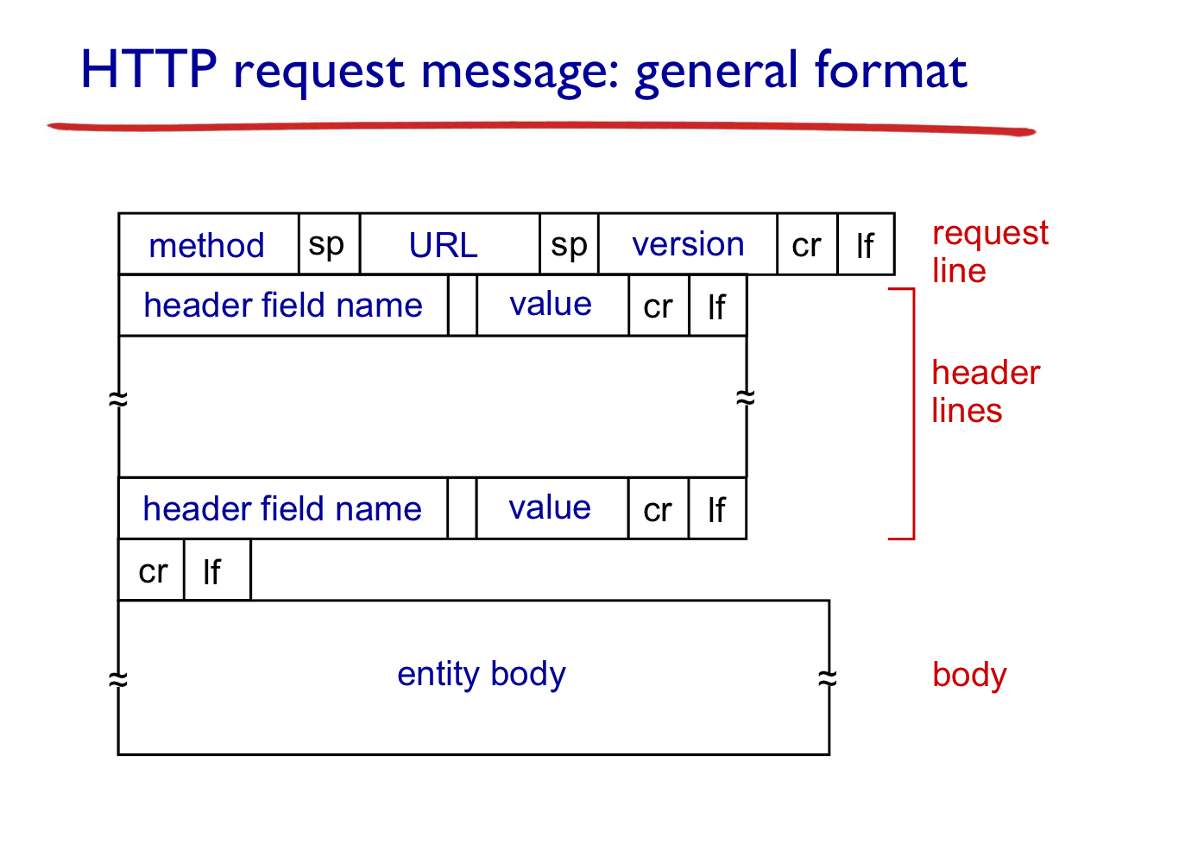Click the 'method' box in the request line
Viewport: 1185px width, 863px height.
point(209,244)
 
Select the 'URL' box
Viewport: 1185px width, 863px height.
point(450,244)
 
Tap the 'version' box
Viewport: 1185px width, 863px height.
point(688,244)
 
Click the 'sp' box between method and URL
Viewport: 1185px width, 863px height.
point(330,244)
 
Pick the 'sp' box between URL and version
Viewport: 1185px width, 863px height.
point(570,244)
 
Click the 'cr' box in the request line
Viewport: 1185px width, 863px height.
point(808,244)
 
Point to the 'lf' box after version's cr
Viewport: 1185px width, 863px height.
point(867,244)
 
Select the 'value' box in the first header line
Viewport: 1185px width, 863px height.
point(553,306)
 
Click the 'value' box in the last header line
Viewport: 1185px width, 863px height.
point(552,508)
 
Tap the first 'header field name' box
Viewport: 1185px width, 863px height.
point(284,306)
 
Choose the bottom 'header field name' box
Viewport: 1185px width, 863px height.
point(283,508)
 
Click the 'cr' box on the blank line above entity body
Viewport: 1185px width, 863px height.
point(151,570)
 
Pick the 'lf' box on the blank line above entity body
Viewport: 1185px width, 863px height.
point(217,570)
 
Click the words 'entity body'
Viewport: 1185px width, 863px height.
point(482,675)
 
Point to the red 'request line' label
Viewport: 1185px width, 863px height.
point(990,251)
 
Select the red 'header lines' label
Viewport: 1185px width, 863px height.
point(986,391)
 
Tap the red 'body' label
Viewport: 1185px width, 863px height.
point(970,675)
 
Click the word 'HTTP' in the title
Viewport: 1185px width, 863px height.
point(149,69)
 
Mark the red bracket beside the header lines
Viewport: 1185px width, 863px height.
point(914,413)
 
